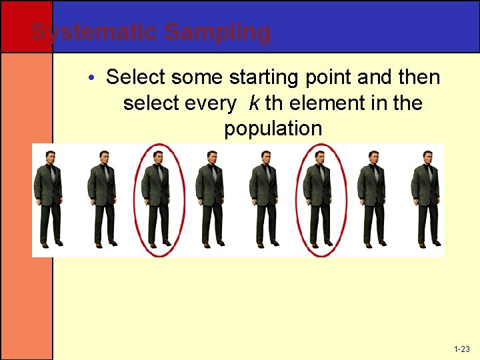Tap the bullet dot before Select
[93, 79]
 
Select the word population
[273, 129]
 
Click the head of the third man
[157, 157]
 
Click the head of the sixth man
[320, 157]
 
